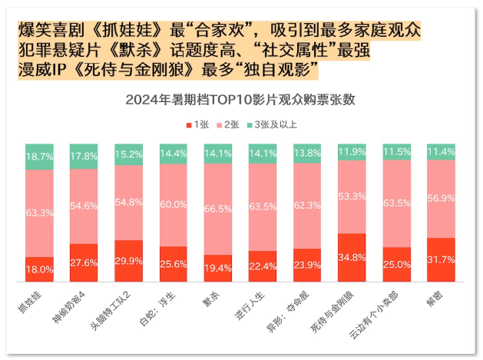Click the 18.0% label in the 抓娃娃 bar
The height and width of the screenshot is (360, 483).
coord(39,269)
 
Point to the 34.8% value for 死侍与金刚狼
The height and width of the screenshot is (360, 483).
coord(351,258)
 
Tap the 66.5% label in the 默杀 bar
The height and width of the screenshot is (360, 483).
coord(217,208)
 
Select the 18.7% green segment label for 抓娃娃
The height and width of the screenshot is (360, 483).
coord(39,156)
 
